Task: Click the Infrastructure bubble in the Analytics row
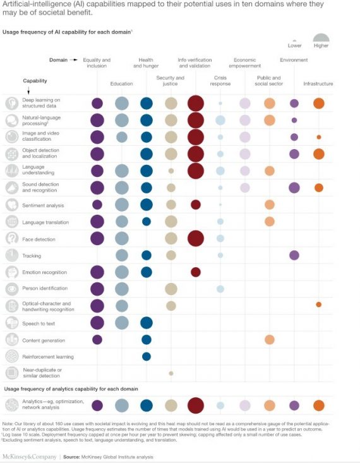pyautogui.click(x=318, y=406)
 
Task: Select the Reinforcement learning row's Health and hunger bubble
pyautogui.click(x=147, y=356)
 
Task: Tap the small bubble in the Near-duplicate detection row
pyautogui.click(x=171, y=373)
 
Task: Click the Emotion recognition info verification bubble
pyautogui.click(x=196, y=272)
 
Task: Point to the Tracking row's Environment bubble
pyautogui.click(x=294, y=255)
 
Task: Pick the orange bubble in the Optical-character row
pyautogui.click(x=318, y=304)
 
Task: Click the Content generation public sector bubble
pyautogui.click(x=270, y=340)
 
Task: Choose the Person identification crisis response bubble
pyautogui.click(x=220, y=289)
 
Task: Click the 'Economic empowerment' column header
pyautogui.click(x=244, y=63)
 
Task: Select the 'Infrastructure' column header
pyautogui.click(x=318, y=83)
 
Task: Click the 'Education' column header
pyautogui.click(x=122, y=83)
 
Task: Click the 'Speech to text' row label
pyautogui.click(x=40, y=322)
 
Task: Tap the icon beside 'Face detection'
pyautogui.click(x=11, y=238)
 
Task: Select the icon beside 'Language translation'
pyautogui.click(x=11, y=222)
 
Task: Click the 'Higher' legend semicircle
pyautogui.click(x=321, y=38)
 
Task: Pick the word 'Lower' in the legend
pyautogui.click(x=294, y=45)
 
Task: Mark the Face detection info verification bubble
pyautogui.click(x=196, y=238)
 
